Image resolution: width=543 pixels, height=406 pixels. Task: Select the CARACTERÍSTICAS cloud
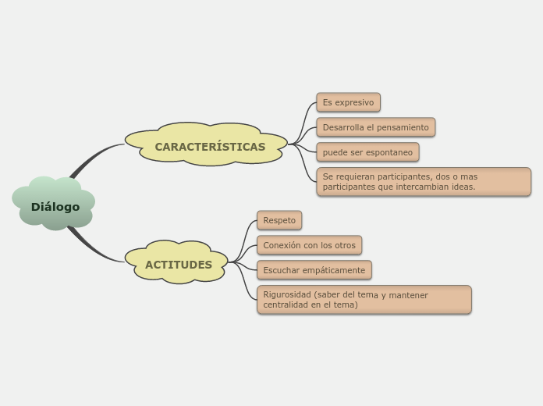coord(210,146)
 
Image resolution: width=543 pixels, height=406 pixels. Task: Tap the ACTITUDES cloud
coord(178,265)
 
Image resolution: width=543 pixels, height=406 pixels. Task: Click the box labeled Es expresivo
coord(348,102)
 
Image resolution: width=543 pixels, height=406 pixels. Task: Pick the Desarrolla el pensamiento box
coord(375,127)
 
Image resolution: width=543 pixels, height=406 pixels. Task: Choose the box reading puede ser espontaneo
coord(367,152)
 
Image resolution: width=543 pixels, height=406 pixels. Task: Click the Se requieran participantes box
coord(423,182)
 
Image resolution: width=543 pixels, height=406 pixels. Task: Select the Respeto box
coord(279,220)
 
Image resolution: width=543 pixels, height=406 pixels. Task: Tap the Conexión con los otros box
coord(309,245)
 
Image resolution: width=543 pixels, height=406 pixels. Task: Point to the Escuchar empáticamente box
coord(314,270)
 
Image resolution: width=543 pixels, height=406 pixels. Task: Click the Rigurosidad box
coord(364,300)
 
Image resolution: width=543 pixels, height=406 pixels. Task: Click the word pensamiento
coord(403,127)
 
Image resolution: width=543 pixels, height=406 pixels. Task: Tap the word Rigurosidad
coord(288,295)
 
